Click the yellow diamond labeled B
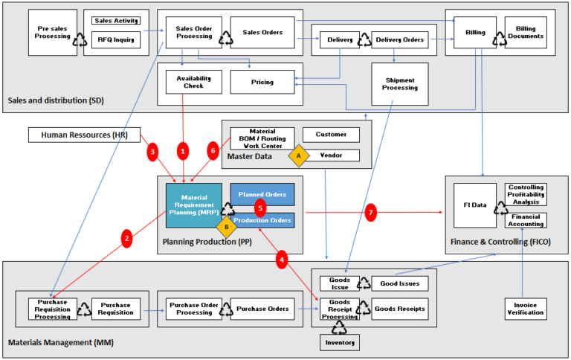[x=226, y=227]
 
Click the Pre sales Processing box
[x=53, y=33]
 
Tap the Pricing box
[x=262, y=82]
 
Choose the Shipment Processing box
[x=400, y=83]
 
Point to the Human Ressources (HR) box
[x=79, y=135]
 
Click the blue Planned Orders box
[x=262, y=194]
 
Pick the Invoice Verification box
[x=525, y=307]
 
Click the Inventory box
[x=339, y=342]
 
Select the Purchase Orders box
[x=262, y=308]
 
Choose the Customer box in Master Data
[x=330, y=135]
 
